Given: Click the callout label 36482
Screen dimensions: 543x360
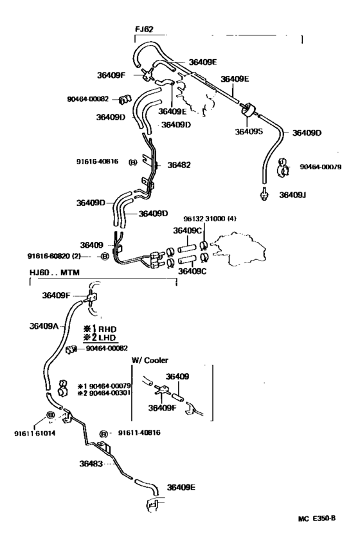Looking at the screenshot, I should tap(179, 165).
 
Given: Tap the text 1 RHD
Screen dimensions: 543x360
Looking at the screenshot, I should tap(98, 329).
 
